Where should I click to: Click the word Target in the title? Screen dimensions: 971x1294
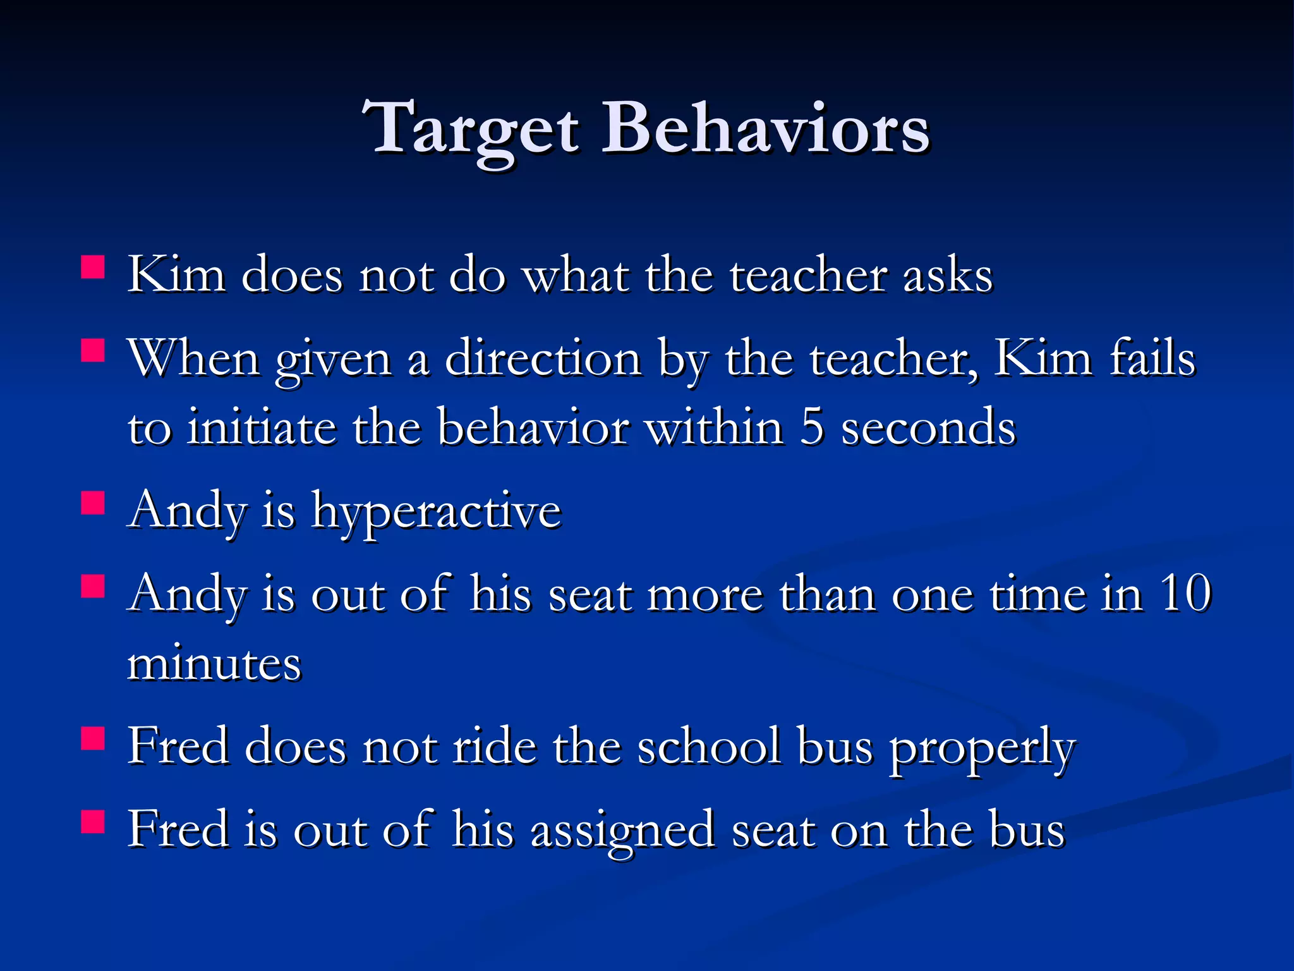pos(471,130)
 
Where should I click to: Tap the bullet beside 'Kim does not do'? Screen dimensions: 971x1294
pos(93,267)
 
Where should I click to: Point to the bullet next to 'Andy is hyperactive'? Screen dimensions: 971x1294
pos(93,503)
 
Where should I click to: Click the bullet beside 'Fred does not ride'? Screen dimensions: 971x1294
pos(93,738)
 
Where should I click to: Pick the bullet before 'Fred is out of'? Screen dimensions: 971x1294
pos(93,822)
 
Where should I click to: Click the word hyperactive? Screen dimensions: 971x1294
pos(436,512)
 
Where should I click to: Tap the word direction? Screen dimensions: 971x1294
pos(543,359)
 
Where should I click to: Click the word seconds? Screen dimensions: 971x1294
pos(929,427)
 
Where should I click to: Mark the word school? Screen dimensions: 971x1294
pos(709,747)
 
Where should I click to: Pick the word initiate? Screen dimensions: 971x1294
pos(262,427)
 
